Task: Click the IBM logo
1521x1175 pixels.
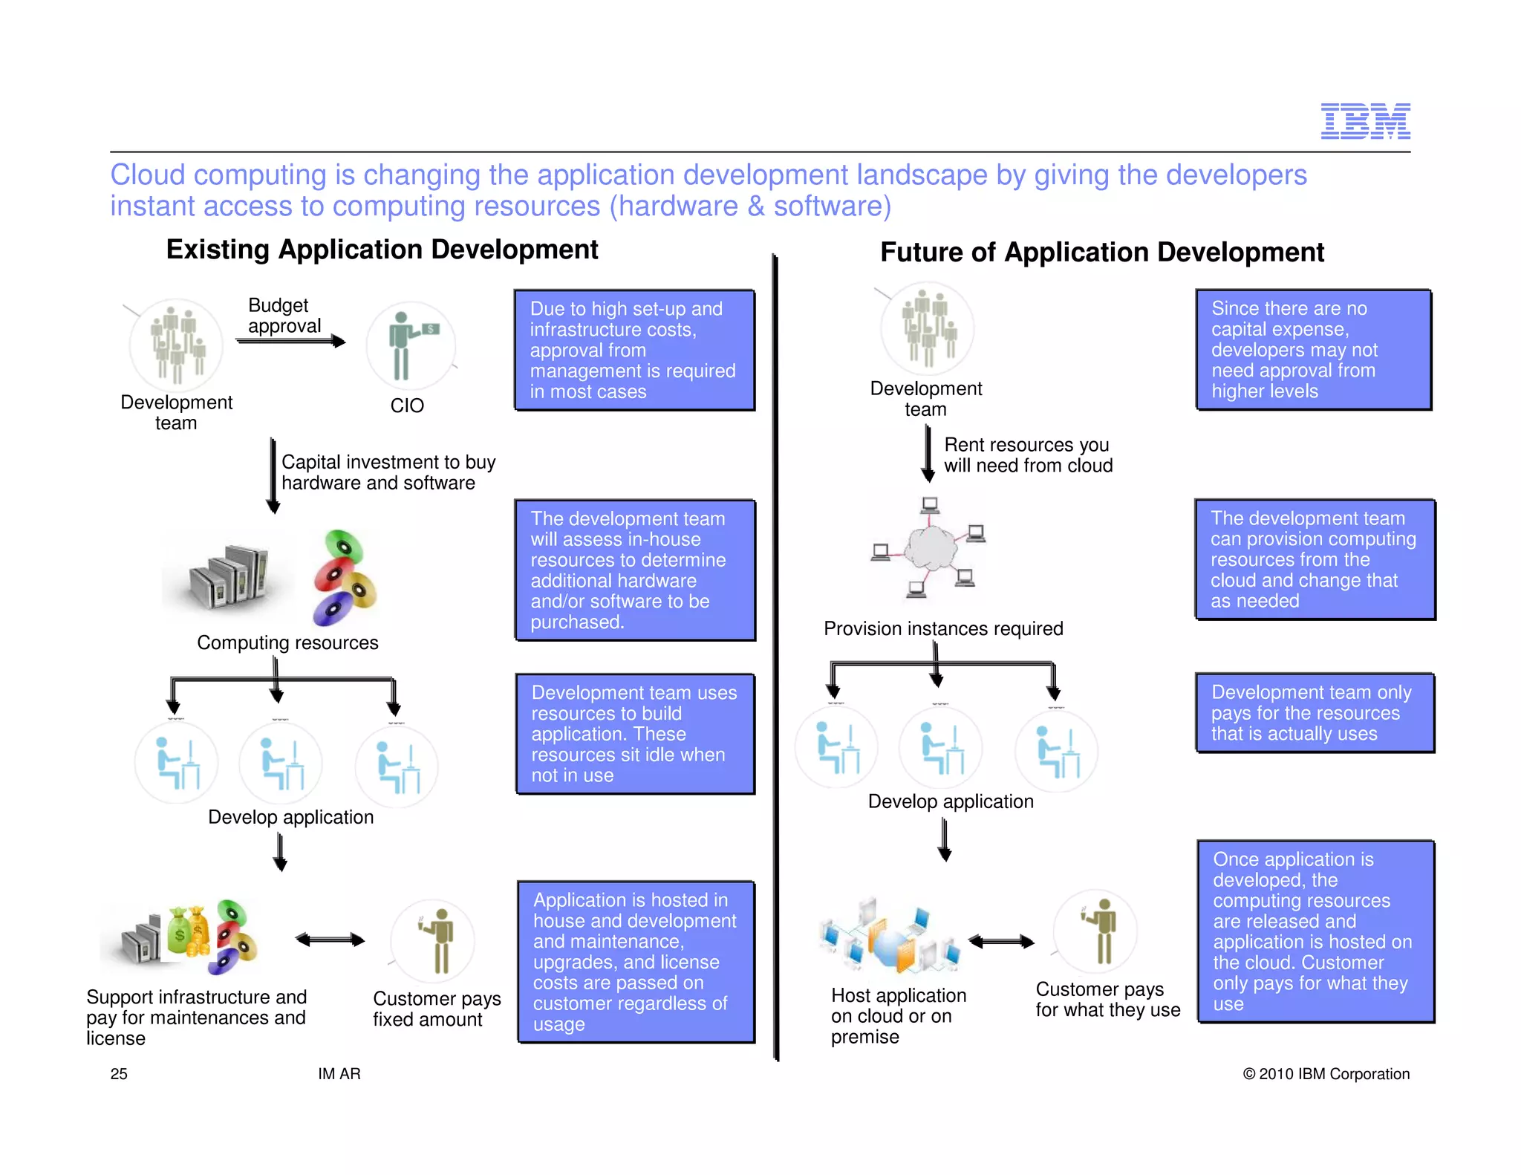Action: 1364,121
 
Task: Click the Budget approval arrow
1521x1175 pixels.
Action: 290,341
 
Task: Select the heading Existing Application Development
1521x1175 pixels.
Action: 382,250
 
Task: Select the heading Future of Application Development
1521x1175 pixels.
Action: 1101,253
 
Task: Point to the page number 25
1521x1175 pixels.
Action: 119,1073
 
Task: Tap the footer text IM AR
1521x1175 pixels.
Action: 339,1073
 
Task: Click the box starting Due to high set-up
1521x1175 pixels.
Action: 634,350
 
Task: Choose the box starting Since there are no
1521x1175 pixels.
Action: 1313,349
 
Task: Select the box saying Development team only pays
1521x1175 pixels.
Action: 1315,713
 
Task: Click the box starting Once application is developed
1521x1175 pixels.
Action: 1315,931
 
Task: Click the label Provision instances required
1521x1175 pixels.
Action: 943,628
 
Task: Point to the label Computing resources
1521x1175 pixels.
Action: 287,642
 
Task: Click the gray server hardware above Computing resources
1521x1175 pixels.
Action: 227,577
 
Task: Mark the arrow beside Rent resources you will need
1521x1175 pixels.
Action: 928,453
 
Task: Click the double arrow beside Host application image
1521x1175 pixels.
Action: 1001,942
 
